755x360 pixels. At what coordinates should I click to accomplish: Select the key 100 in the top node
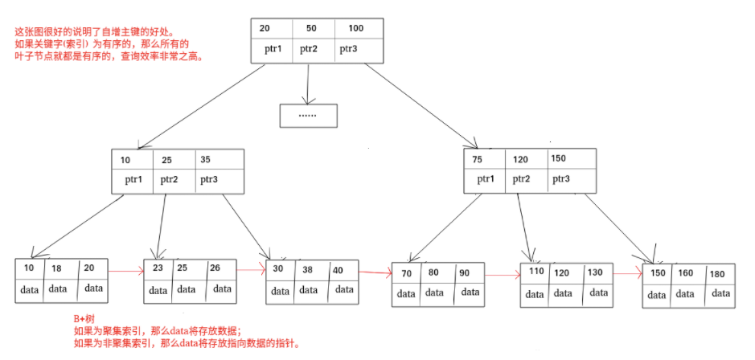[355, 28]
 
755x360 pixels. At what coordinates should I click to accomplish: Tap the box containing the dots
[308, 116]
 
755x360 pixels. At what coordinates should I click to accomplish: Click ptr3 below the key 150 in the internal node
[560, 179]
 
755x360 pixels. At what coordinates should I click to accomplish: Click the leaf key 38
[308, 271]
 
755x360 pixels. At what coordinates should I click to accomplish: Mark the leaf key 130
[594, 272]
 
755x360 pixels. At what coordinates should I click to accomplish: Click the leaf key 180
[716, 274]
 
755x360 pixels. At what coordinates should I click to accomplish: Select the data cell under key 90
[469, 292]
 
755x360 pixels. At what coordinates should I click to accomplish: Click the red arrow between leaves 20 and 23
[126, 272]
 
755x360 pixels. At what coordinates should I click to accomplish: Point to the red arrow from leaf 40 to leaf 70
[375, 273]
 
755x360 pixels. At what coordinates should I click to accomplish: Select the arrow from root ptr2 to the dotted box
[309, 83]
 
